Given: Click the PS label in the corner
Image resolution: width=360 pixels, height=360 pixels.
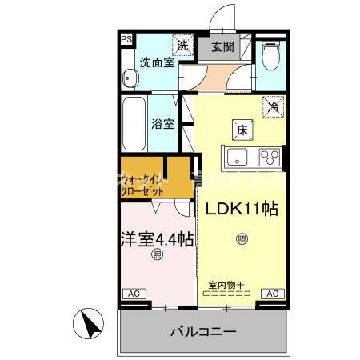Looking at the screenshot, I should [x=126, y=38].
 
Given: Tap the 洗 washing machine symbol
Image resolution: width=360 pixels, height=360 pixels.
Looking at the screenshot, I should [x=183, y=46].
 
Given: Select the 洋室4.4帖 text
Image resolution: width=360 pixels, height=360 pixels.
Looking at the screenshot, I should [x=157, y=238].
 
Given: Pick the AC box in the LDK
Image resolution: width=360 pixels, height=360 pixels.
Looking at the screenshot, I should [x=272, y=294].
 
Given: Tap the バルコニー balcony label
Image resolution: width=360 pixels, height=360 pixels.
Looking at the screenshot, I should [x=202, y=331].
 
